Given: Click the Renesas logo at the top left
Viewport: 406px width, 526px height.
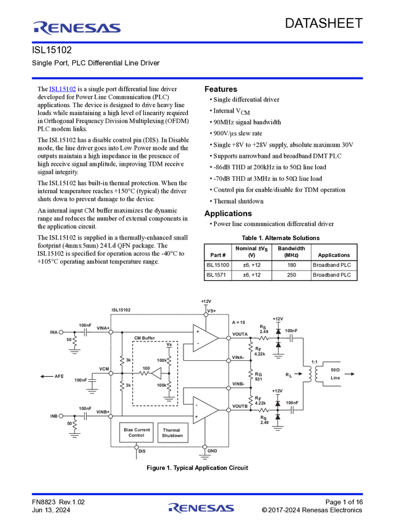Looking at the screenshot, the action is point(77,27).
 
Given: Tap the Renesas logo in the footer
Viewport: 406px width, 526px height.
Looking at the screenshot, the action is point(201,509).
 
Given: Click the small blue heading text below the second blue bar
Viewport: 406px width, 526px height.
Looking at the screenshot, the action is point(62,90).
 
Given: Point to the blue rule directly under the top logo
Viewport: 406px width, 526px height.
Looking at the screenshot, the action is point(197,42).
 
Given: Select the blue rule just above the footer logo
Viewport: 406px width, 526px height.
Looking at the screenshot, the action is point(197,494).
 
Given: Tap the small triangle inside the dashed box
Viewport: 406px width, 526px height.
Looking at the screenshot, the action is point(158,373).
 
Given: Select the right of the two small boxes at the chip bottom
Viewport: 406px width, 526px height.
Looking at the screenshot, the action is point(171,431).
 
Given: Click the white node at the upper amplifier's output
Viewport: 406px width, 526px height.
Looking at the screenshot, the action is point(229,338).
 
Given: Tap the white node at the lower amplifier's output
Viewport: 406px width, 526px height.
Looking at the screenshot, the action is point(229,409).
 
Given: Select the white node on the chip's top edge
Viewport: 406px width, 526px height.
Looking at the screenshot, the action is point(206,314).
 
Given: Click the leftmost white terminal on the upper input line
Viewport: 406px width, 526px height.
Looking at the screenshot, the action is point(61,332).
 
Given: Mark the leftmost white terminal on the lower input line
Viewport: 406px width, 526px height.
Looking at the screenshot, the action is point(61,416).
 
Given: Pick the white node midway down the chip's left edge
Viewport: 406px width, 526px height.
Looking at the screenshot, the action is point(111,373).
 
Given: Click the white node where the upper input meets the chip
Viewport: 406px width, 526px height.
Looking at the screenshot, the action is point(111,332).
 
